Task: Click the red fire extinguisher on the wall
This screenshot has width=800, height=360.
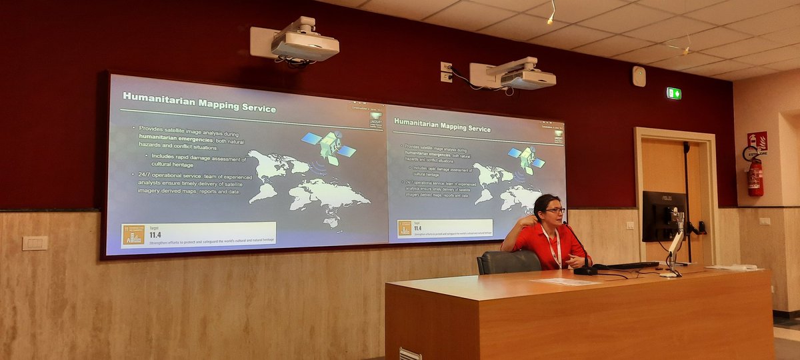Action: point(755,177)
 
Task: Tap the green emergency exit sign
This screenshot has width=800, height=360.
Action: point(673,93)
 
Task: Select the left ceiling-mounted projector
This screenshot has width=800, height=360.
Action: point(304,43)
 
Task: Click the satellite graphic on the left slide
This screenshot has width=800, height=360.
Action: point(329,145)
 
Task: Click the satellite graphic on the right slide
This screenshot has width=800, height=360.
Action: point(527,159)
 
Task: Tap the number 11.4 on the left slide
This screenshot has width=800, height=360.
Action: point(155,235)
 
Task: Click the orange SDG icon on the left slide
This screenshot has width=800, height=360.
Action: point(133,235)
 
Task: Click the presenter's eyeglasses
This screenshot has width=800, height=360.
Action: point(554,211)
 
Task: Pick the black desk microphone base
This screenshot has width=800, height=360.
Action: point(585,270)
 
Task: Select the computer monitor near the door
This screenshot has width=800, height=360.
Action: point(663,215)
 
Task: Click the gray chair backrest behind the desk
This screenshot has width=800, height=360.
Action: point(509,262)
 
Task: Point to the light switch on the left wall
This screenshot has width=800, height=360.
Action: point(35,243)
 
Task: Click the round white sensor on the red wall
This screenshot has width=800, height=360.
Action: point(639,76)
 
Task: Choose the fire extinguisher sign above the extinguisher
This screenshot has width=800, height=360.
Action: point(757,141)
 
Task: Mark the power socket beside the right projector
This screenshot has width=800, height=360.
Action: point(446,72)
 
